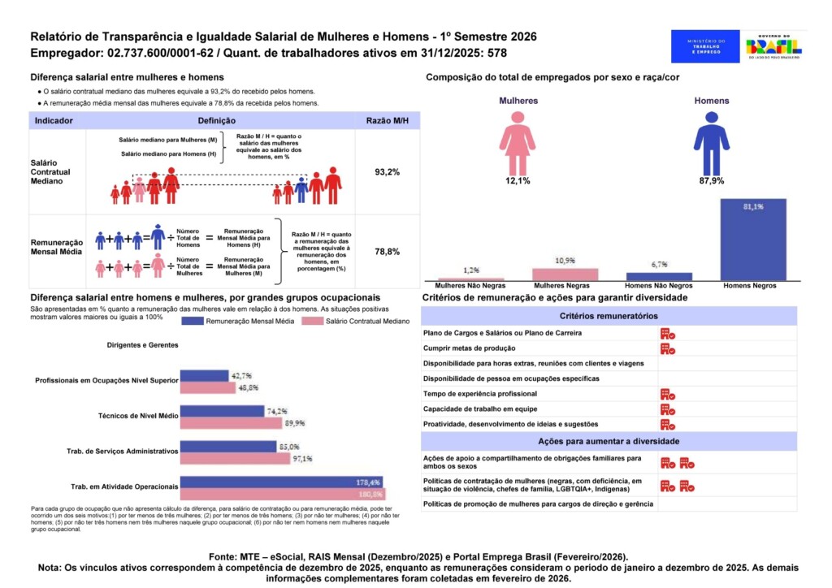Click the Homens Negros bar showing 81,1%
pos(753,240)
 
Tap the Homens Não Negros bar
pos(659,276)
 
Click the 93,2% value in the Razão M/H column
pos(387,172)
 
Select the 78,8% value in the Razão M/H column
pos(387,252)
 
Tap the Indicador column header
pos(54,120)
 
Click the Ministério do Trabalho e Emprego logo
pos(705,46)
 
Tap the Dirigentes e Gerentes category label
pos(142,345)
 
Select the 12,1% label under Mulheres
pos(517,180)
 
